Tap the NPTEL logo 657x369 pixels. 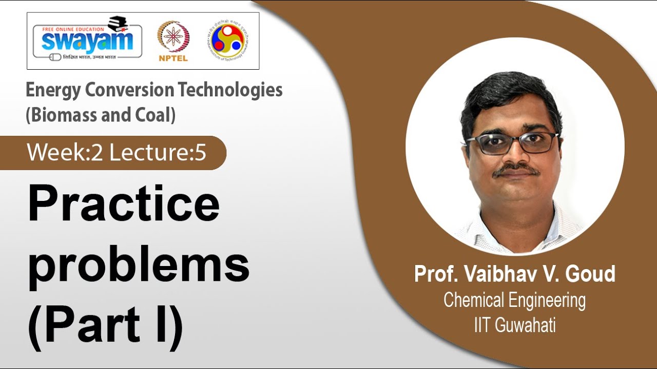(173, 41)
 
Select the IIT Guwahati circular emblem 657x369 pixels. (227, 40)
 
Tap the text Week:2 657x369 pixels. (65, 153)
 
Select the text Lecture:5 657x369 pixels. (158, 153)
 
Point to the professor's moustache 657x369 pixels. (516, 170)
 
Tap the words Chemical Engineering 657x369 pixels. (514, 300)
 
